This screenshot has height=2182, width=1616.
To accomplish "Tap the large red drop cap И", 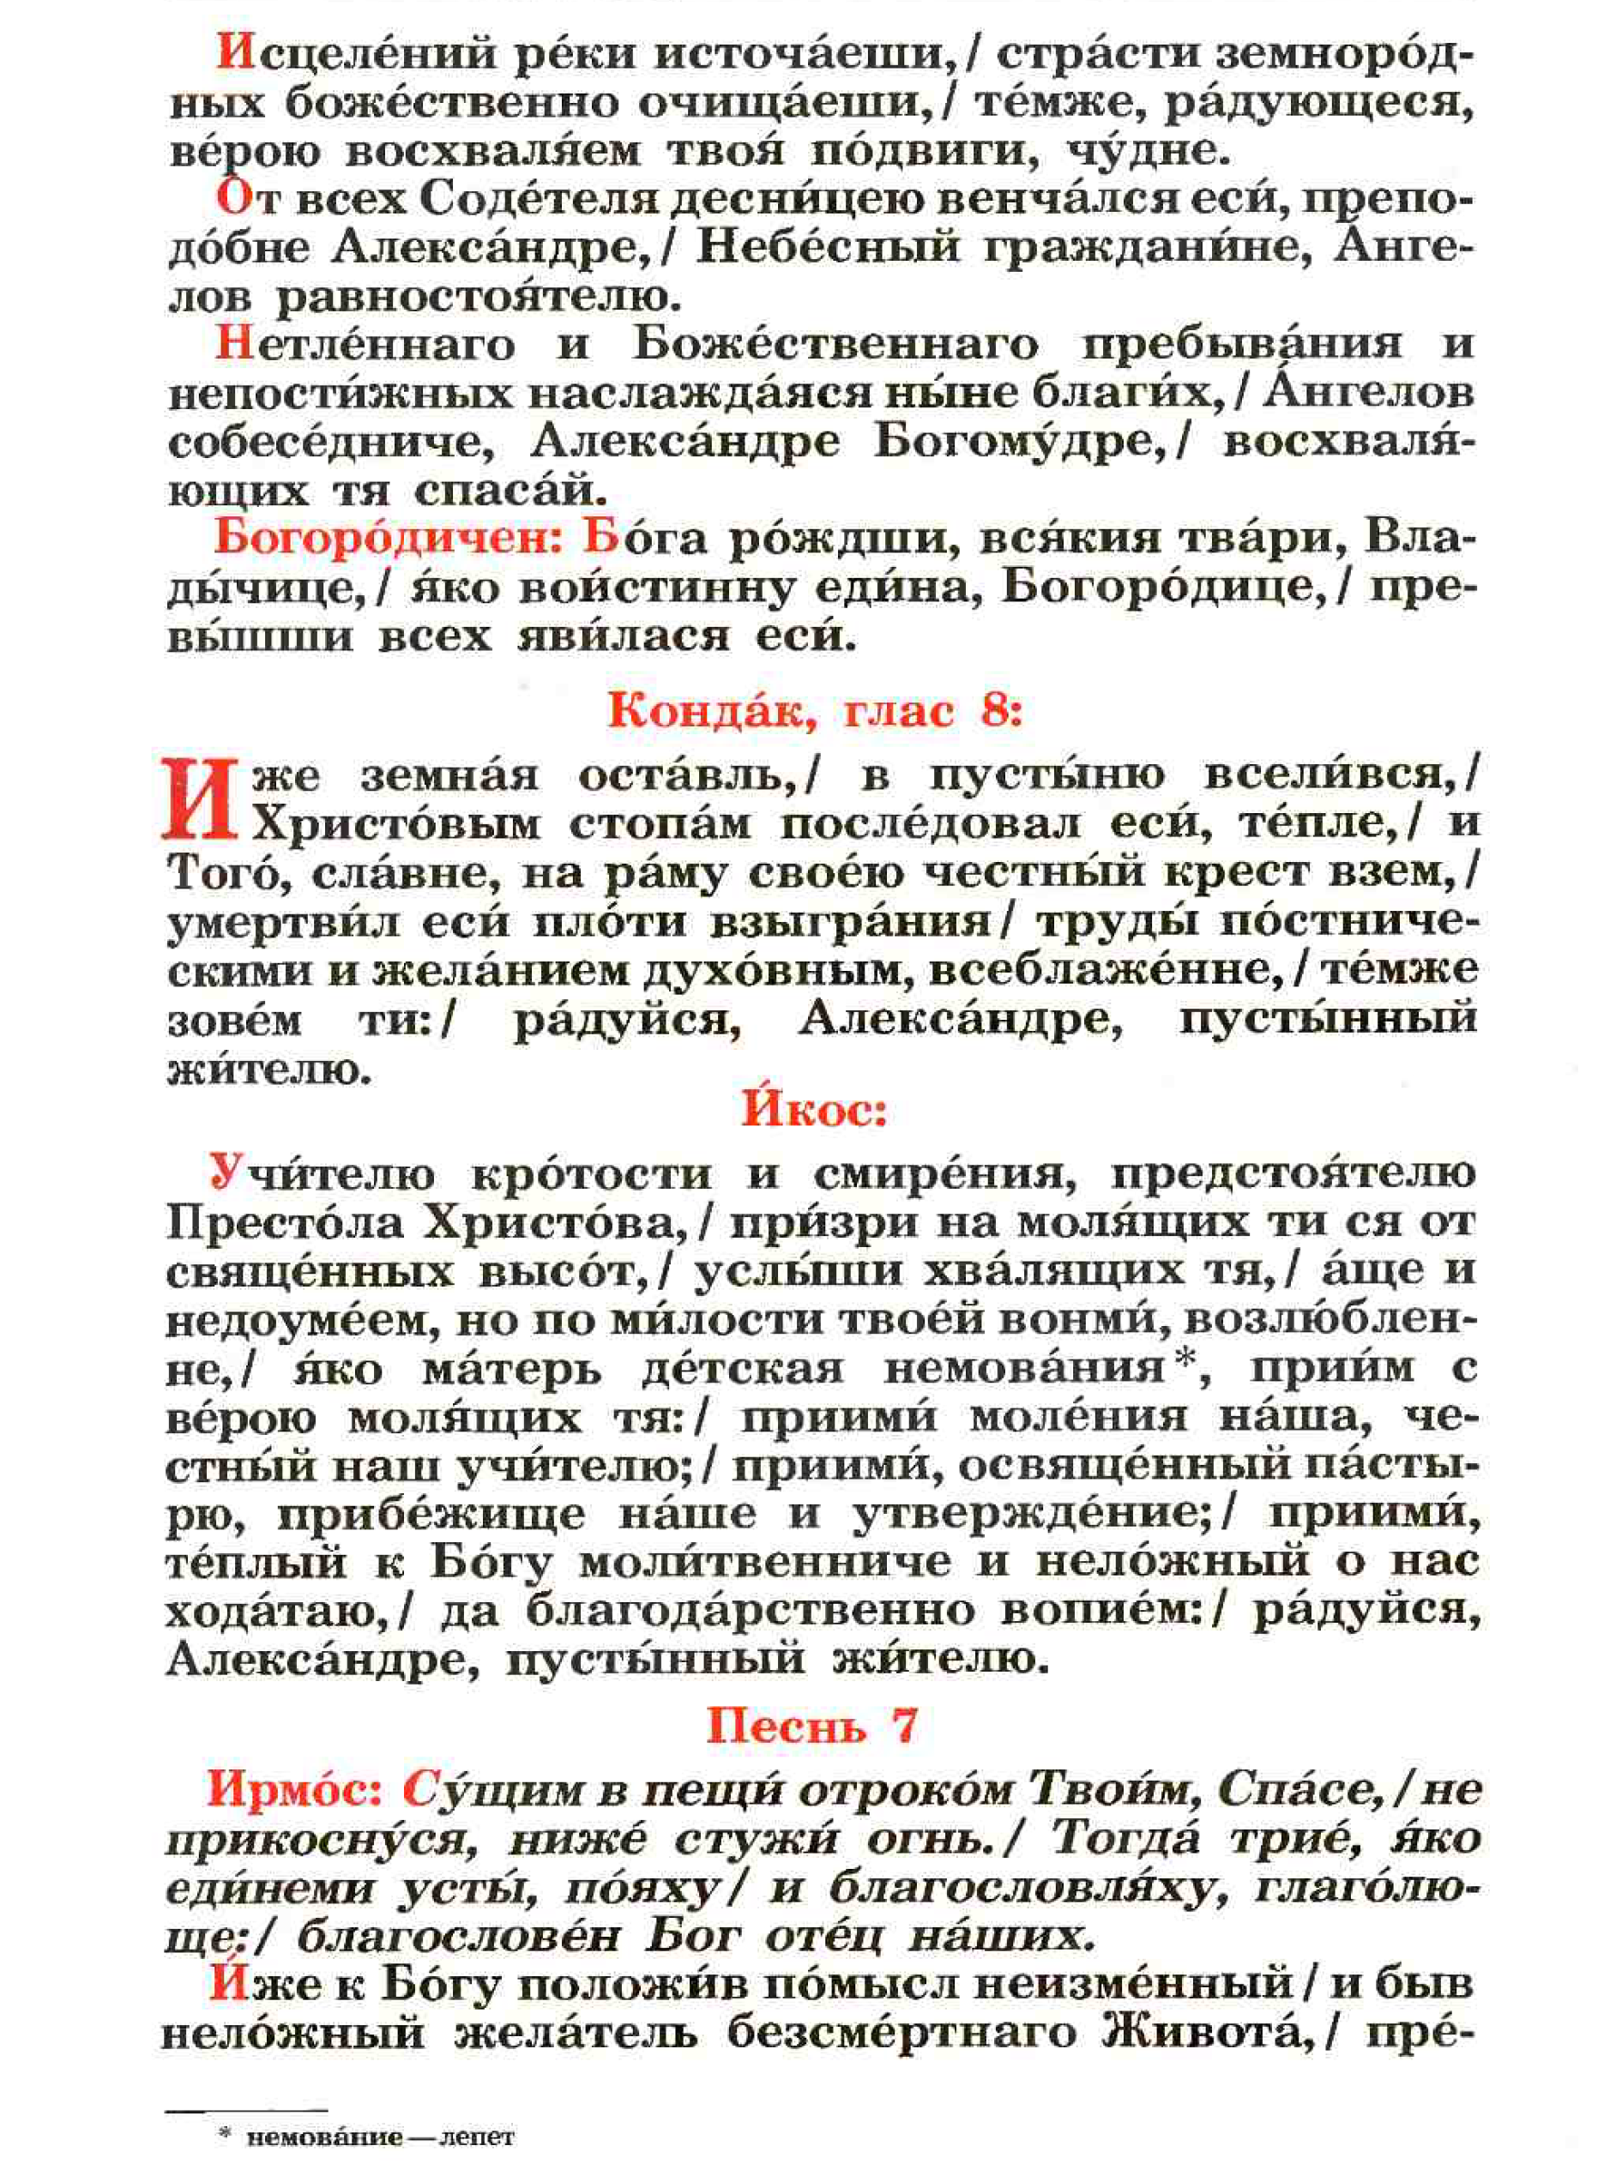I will pyautogui.click(x=200, y=800).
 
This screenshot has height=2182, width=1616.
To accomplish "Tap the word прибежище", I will pyautogui.click(x=431, y=1515).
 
